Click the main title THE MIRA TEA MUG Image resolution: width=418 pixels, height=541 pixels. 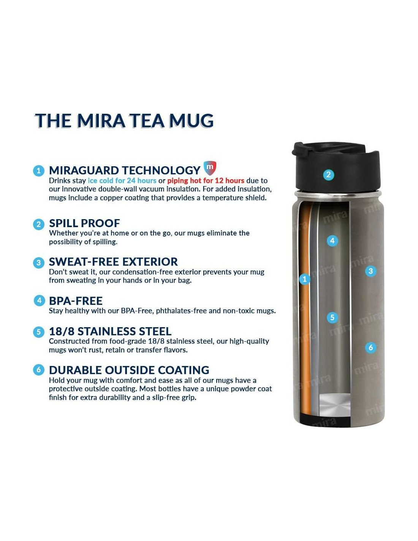(124, 121)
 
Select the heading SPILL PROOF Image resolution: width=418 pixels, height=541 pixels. (84, 223)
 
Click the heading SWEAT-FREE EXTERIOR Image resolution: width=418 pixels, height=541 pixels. (113, 262)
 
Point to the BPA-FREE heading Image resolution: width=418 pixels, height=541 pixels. (76, 301)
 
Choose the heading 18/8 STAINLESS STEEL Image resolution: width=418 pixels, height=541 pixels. (110, 331)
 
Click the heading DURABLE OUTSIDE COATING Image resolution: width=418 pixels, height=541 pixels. (129, 370)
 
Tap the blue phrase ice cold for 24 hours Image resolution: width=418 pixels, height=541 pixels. (122, 180)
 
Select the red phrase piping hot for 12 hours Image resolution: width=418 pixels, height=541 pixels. (206, 180)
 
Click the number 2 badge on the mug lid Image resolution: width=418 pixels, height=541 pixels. (328, 175)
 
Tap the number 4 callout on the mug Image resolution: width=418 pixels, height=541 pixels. (332, 241)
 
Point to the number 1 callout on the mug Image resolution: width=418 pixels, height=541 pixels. (304, 279)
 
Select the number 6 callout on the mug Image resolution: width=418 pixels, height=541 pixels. (370, 347)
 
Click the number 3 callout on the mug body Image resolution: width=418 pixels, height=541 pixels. (370, 271)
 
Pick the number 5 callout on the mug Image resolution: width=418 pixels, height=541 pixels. (332, 317)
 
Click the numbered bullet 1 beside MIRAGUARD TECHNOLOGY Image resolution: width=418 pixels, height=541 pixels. (38, 171)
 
